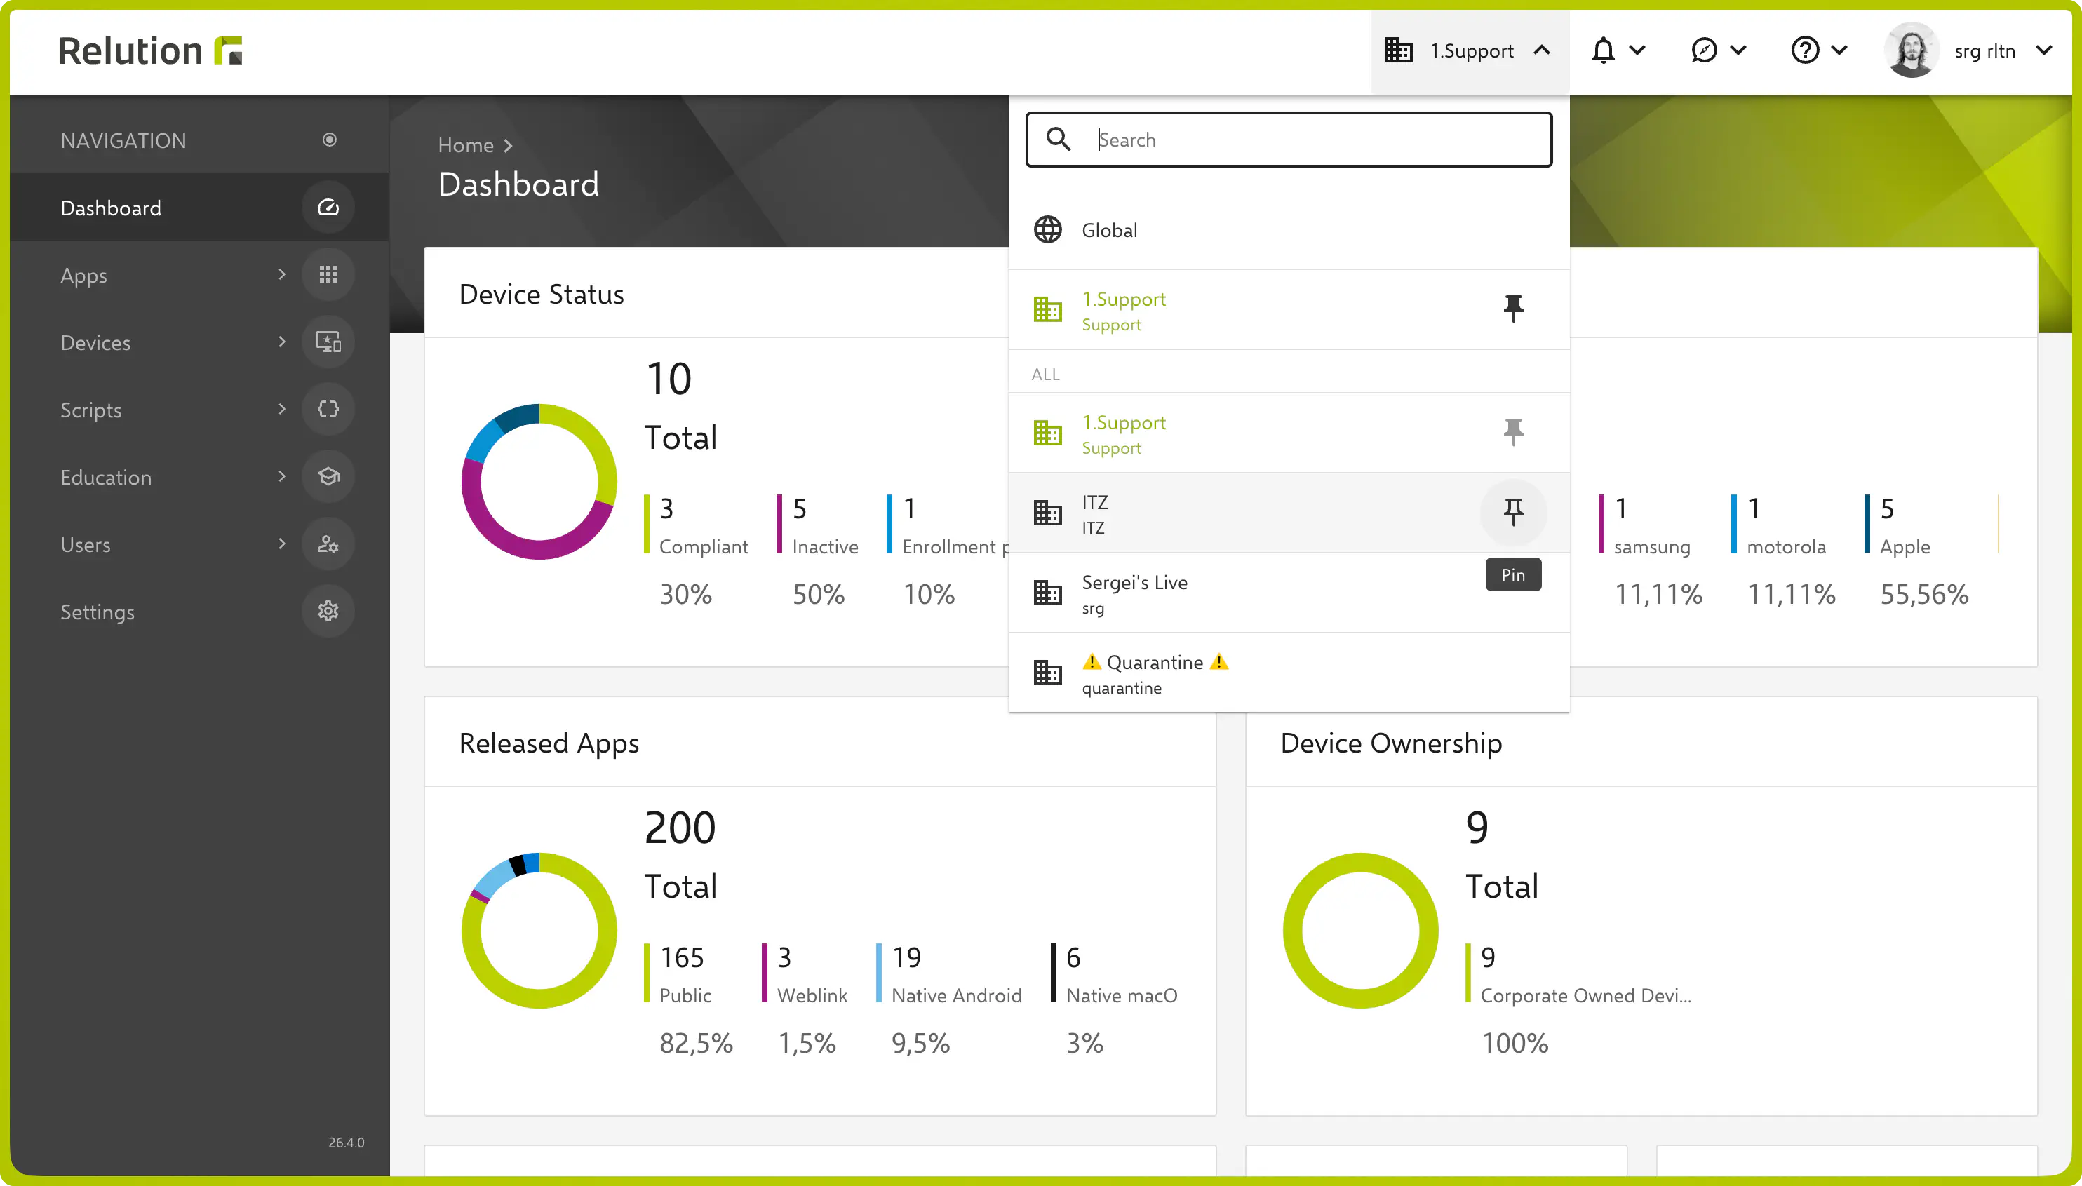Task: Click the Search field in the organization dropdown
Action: tap(1289, 140)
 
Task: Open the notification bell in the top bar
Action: tap(1602, 50)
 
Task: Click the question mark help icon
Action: tap(1804, 50)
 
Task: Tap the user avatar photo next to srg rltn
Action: tap(1911, 50)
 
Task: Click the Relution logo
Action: tap(151, 50)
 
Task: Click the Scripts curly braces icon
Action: tap(328, 409)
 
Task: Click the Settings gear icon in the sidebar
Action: tap(328, 611)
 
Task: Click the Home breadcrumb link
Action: tap(466, 145)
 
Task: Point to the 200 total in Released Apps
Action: tap(680, 828)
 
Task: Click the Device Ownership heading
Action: tap(1391, 743)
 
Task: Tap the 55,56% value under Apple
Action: tap(1924, 595)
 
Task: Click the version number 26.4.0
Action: tap(347, 1142)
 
